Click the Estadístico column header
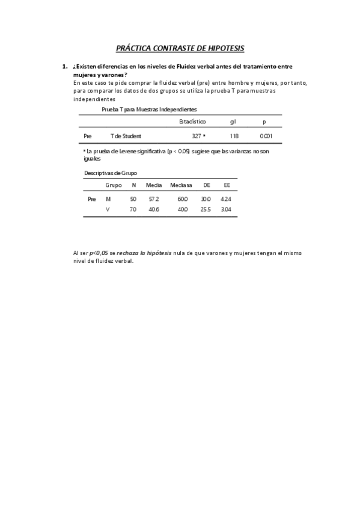[x=192, y=121]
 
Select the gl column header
[x=233, y=121]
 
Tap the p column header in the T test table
[x=264, y=121]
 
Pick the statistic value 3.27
[x=197, y=137]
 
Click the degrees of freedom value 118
[x=234, y=137]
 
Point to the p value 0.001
[x=266, y=137]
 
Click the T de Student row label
[x=126, y=137]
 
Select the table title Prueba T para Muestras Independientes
[x=149, y=109]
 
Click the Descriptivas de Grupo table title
[x=110, y=173]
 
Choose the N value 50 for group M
[x=133, y=198]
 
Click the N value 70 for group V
[x=133, y=209]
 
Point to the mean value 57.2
[x=153, y=198]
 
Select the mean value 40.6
[x=153, y=209]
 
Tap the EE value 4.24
[x=226, y=198]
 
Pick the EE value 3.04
[x=226, y=209]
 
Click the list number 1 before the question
[x=64, y=66]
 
